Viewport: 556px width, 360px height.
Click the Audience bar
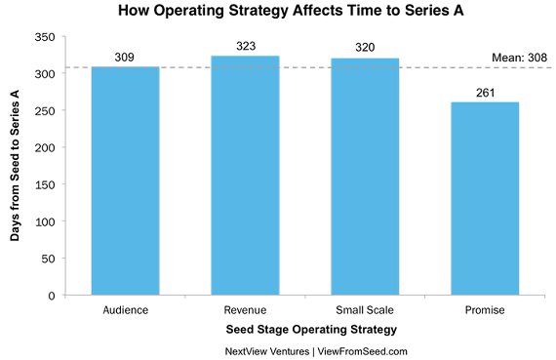pos(125,180)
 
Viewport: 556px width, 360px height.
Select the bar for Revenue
pos(245,176)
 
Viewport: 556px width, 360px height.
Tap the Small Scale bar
pos(365,177)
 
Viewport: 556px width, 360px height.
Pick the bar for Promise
pos(485,199)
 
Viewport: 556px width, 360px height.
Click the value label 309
pos(125,58)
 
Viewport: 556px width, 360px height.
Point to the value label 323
pos(246,46)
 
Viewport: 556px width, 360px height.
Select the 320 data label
pos(365,47)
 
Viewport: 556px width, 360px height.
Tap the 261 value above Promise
pos(485,93)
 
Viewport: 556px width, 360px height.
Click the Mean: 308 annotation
pos(519,58)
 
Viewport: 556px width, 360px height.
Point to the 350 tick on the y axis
pos(45,37)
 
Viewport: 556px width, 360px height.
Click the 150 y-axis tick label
pos(45,184)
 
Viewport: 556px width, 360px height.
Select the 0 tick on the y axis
pos(52,296)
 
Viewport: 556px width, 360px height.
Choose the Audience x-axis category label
pos(126,310)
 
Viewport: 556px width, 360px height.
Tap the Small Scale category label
pos(365,310)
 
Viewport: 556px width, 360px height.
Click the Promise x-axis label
pos(485,310)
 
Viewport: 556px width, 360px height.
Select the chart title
pos(291,11)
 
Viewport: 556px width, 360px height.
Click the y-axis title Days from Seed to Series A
pos(15,166)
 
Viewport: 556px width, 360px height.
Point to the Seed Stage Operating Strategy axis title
pos(311,330)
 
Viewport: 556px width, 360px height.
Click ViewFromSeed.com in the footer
pos(363,351)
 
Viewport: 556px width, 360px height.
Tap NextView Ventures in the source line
pos(267,351)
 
